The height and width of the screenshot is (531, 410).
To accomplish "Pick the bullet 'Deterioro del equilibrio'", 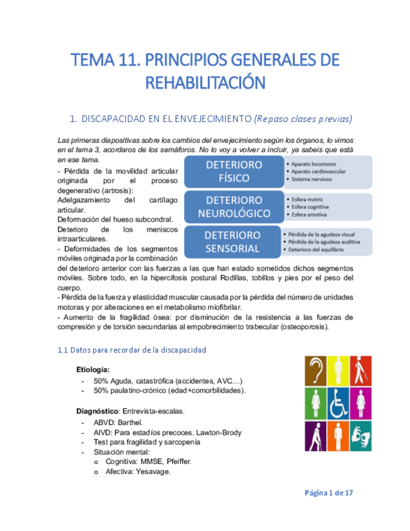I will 322,250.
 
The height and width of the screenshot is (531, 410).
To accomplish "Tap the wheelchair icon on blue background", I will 338,403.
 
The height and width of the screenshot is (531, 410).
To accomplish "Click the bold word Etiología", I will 93,369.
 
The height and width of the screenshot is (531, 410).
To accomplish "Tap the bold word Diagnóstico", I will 97,411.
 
